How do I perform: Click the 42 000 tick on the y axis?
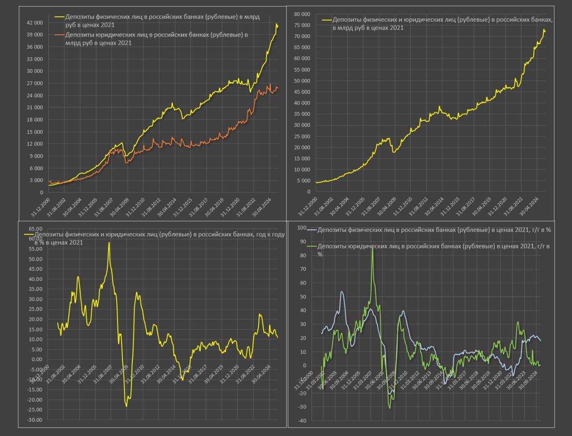(34, 23)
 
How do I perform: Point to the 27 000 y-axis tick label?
(34, 84)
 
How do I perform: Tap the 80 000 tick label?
(302, 14)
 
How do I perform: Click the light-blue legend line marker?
(311, 230)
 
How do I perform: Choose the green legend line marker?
(311, 247)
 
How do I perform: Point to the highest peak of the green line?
(373, 248)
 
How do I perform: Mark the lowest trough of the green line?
(390, 408)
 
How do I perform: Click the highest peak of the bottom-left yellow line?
(109, 243)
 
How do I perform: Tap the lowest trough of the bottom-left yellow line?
(126, 406)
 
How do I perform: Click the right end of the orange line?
(278, 88)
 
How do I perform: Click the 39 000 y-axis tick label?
(34, 35)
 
